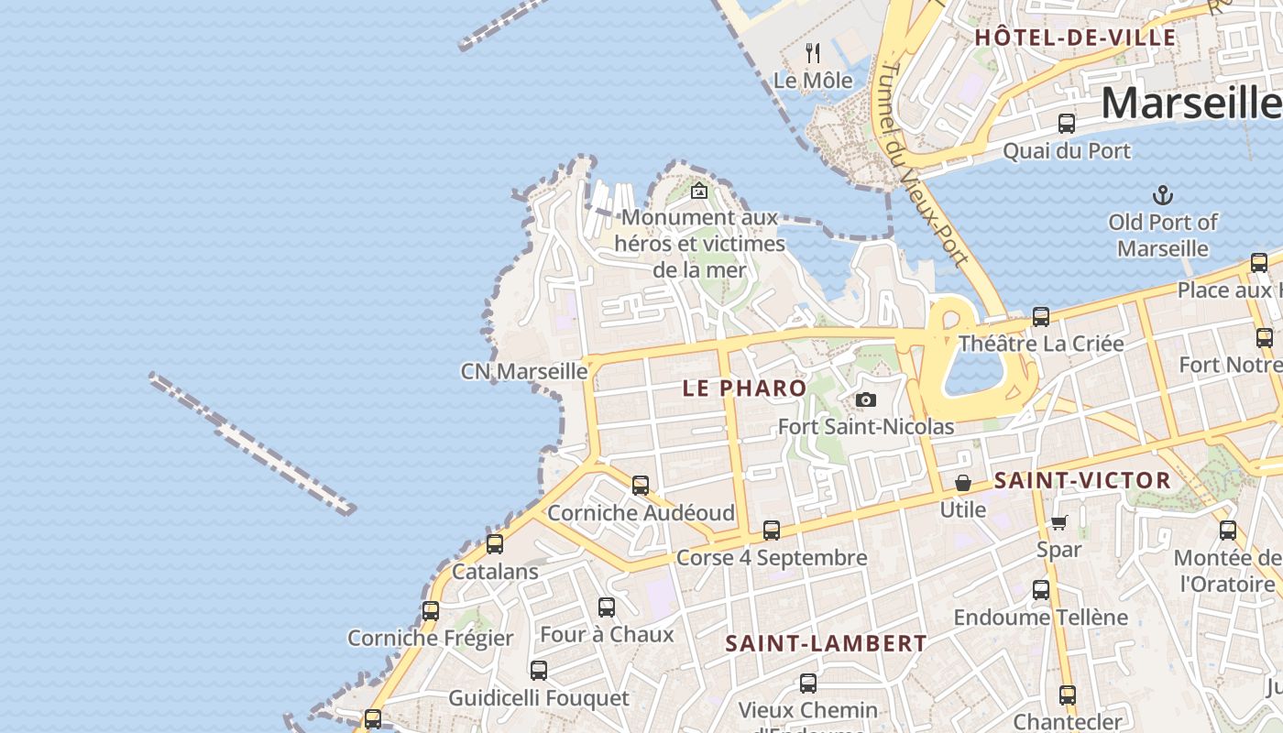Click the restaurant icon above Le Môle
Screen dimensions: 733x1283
coord(812,52)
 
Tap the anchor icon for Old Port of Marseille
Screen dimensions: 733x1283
coord(1162,195)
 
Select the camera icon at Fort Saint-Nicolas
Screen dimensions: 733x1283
coord(865,400)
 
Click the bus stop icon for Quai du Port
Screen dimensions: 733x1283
coord(1066,124)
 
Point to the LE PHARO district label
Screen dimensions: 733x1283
coord(744,388)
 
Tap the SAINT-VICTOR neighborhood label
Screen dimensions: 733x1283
coord(1082,480)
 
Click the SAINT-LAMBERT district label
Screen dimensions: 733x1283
coord(826,643)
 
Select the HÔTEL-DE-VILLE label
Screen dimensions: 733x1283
coord(1075,38)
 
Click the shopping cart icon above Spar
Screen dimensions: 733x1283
coord(1058,523)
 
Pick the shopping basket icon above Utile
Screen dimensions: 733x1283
coord(963,483)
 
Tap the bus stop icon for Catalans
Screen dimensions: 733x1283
coord(495,544)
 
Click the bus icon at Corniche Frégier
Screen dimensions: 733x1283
coord(430,610)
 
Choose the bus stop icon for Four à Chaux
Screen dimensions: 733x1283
coord(606,607)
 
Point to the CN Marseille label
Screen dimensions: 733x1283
coord(523,371)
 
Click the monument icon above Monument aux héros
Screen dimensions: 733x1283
coord(699,191)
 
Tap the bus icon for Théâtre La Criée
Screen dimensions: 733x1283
coord(1040,317)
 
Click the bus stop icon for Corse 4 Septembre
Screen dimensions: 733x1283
coord(772,530)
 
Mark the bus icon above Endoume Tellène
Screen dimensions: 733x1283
coord(1040,590)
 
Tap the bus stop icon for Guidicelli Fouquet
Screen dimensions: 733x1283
coord(539,671)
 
